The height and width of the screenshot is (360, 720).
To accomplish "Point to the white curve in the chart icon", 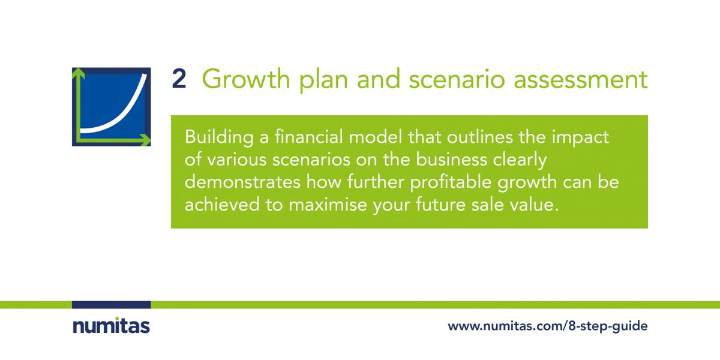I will tap(120, 117).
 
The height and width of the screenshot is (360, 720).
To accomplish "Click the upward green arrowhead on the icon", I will tap(76, 73).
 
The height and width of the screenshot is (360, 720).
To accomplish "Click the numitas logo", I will tap(111, 326).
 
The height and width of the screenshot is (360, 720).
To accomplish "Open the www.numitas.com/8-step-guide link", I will tap(547, 327).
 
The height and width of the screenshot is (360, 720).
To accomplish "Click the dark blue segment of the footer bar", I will tap(111, 305).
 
